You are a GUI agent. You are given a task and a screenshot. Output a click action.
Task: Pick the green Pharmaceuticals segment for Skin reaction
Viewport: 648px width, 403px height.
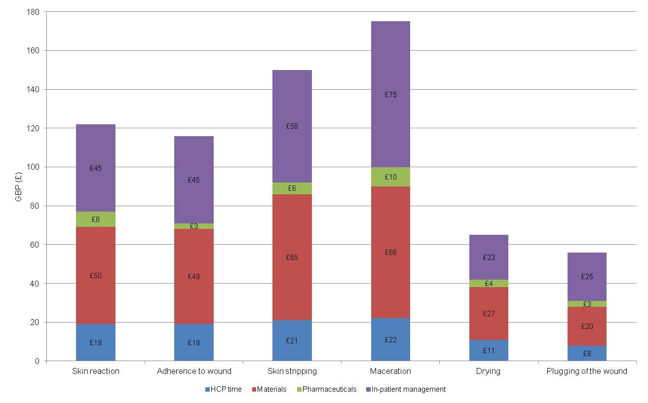[x=96, y=219]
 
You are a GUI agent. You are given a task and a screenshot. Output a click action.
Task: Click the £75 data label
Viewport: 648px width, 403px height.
[x=390, y=95]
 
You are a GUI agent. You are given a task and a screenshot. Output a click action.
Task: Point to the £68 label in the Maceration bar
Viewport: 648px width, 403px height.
[x=390, y=253]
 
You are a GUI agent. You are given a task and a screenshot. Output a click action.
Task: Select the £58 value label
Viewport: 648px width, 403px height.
[x=292, y=126]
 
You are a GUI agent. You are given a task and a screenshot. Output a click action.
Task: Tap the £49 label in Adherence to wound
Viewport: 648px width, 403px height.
[x=193, y=277]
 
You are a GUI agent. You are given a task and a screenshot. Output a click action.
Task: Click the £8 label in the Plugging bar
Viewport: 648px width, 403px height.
[x=587, y=353]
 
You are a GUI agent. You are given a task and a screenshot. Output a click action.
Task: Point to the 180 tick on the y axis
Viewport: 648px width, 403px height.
[x=35, y=11]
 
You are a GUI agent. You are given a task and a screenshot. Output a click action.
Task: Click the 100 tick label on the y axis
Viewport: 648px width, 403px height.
[x=35, y=167]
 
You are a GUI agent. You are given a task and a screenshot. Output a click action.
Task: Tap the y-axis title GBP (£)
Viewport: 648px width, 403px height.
[x=19, y=186]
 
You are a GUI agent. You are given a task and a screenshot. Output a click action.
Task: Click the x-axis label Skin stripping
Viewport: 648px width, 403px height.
[x=292, y=371]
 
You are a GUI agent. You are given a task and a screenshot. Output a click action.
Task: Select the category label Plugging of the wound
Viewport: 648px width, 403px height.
[x=587, y=371]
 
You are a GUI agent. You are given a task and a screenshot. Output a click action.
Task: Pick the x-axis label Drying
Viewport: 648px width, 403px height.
[x=489, y=371]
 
